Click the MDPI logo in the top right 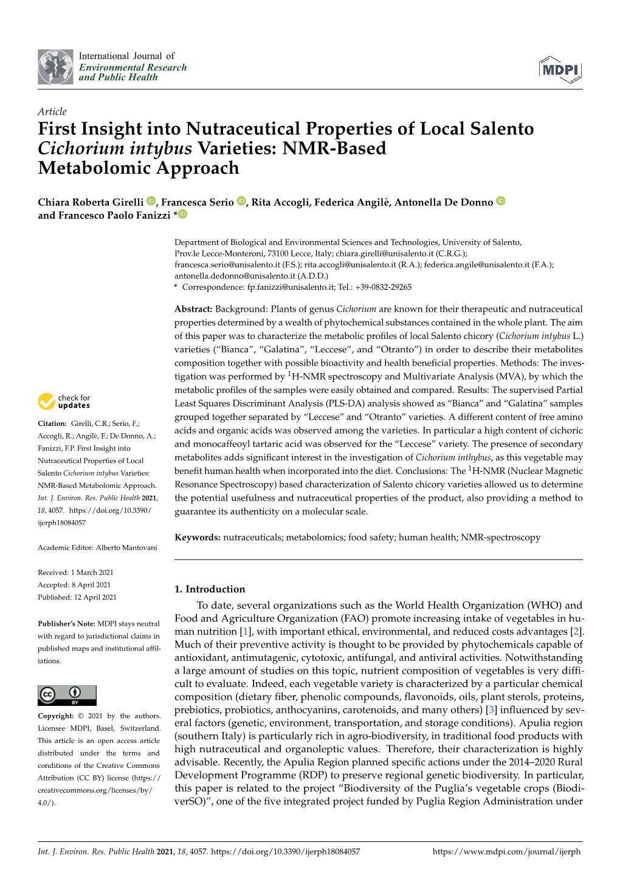point(560,70)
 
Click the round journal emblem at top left point(55,67)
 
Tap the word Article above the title point(52,111)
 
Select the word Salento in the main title point(499,129)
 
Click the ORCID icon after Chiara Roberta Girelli point(151,201)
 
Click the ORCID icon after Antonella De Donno point(501,201)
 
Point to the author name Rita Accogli point(280,202)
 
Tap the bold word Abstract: point(193,309)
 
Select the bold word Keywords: point(198,537)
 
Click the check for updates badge point(64,402)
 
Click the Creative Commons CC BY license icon point(67,695)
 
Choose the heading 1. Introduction point(210,589)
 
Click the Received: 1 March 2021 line point(75,572)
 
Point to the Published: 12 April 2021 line point(77,597)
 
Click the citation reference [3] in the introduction point(491,710)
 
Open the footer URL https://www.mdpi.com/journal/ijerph point(506,852)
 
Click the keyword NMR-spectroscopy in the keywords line point(500,537)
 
